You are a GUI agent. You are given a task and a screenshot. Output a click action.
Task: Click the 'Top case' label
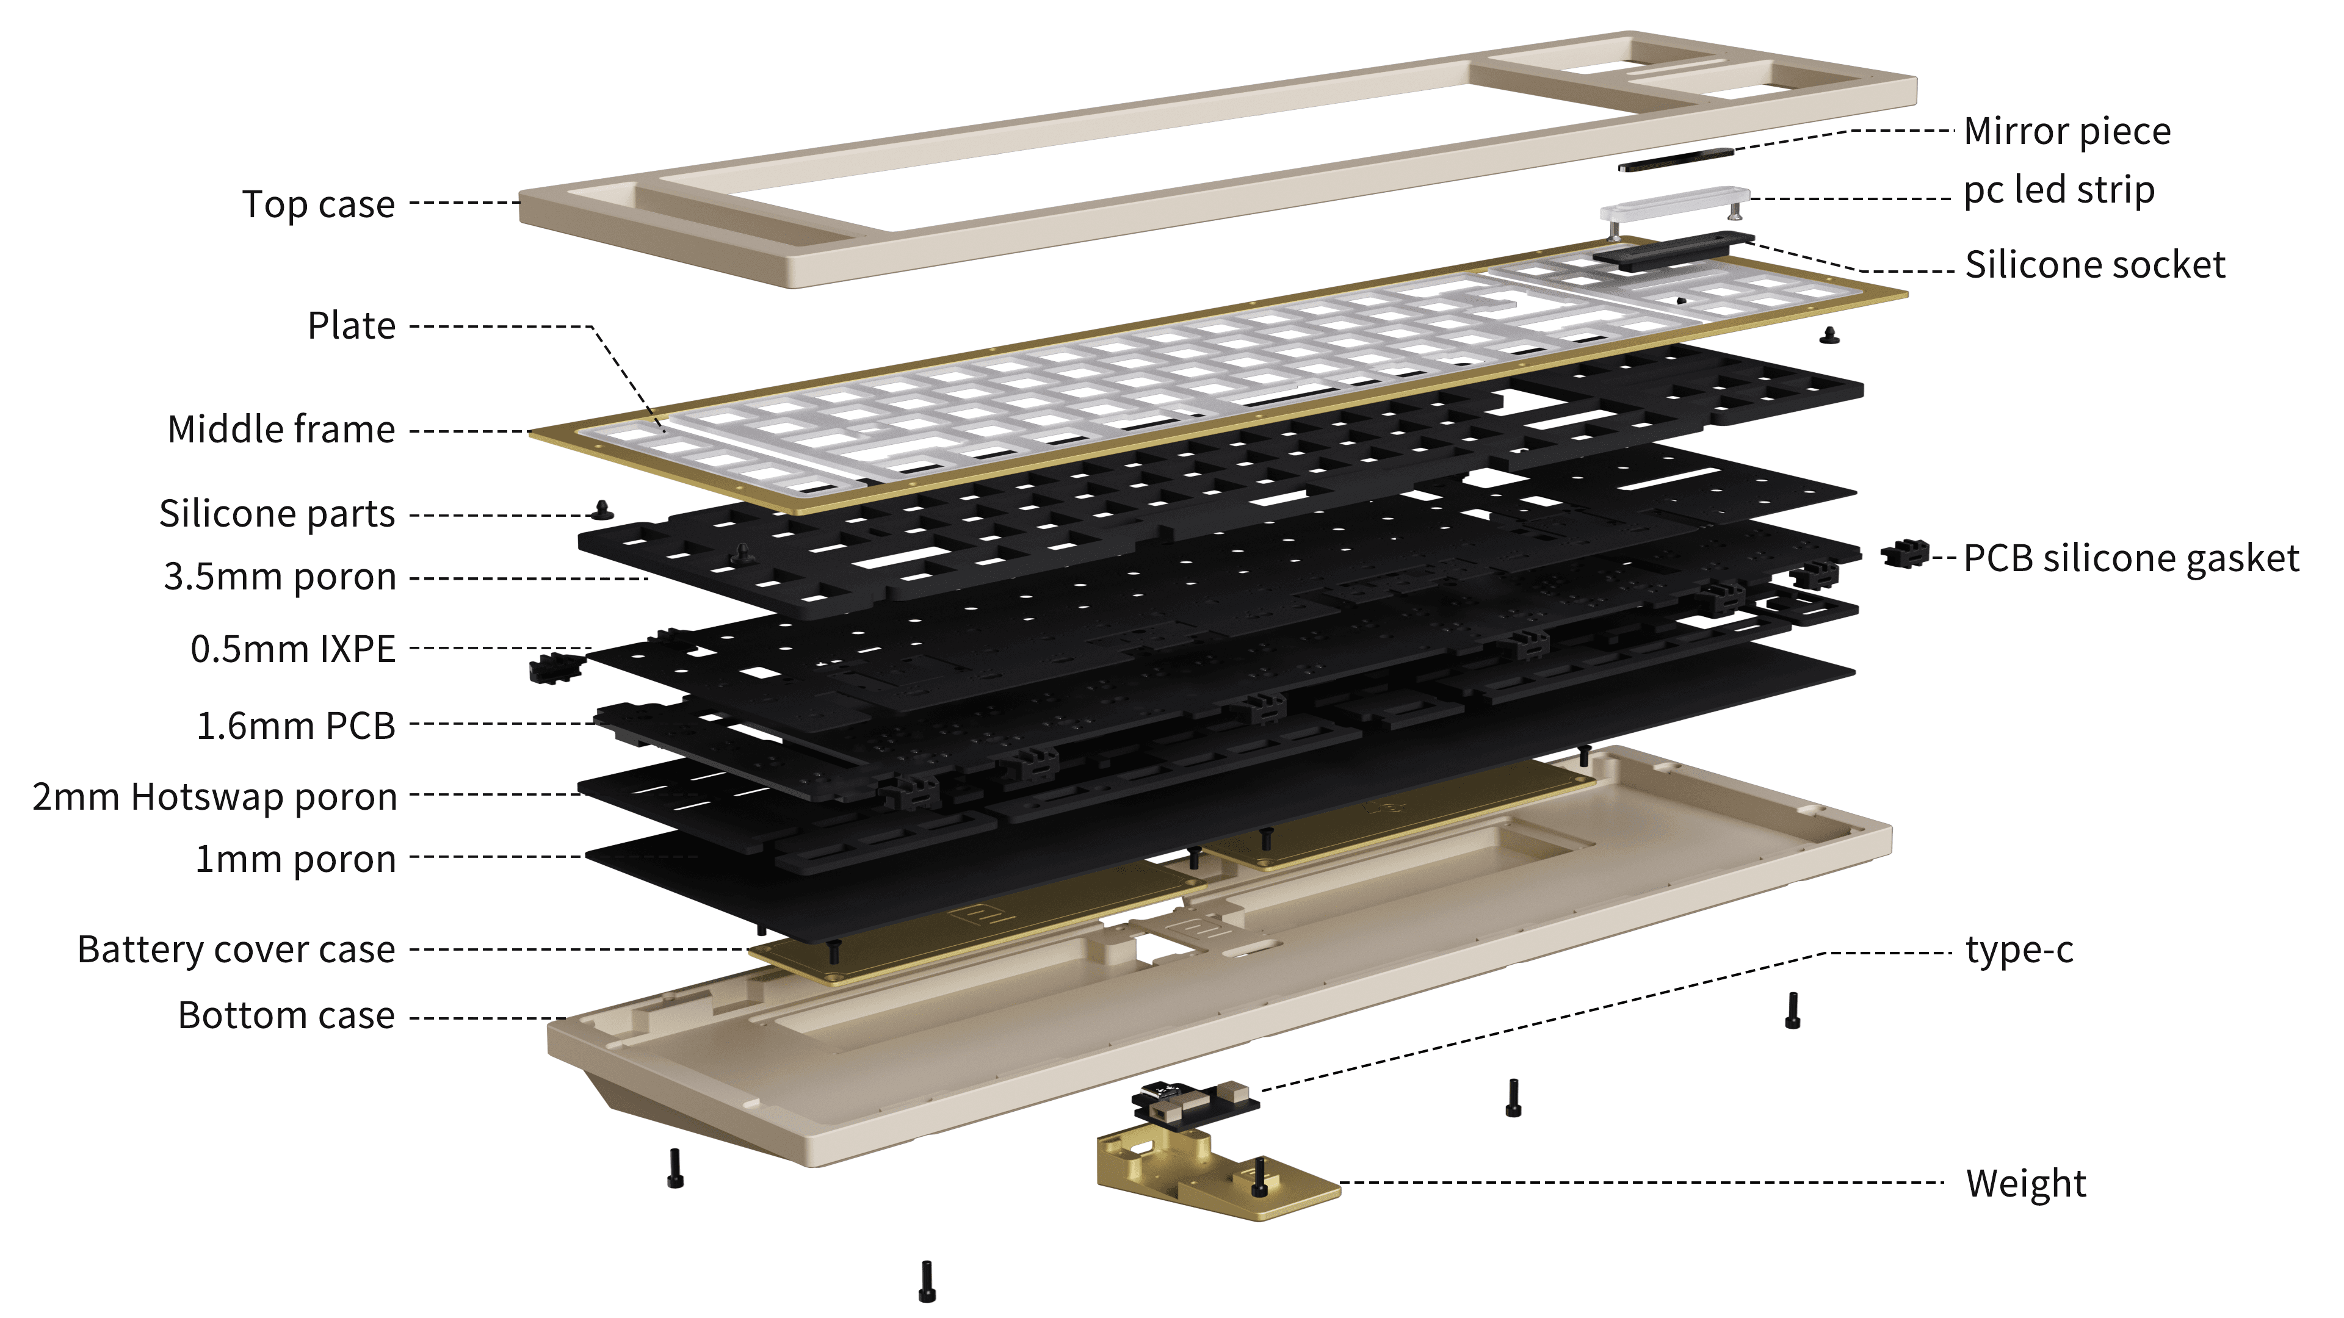point(319,204)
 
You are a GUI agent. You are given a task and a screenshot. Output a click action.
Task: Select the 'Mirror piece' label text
point(2066,131)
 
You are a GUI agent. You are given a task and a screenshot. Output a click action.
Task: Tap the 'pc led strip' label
point(2058,190)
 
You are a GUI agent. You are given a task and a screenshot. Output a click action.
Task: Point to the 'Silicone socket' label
point(2095,265)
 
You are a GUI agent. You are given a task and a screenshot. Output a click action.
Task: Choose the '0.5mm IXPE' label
point(293,649)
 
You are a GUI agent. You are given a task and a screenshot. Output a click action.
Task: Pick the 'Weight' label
point(2025,1183)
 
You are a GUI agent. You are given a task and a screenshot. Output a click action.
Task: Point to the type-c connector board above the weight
point(1194,1103)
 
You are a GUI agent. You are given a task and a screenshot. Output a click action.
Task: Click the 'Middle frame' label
point(281,430)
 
